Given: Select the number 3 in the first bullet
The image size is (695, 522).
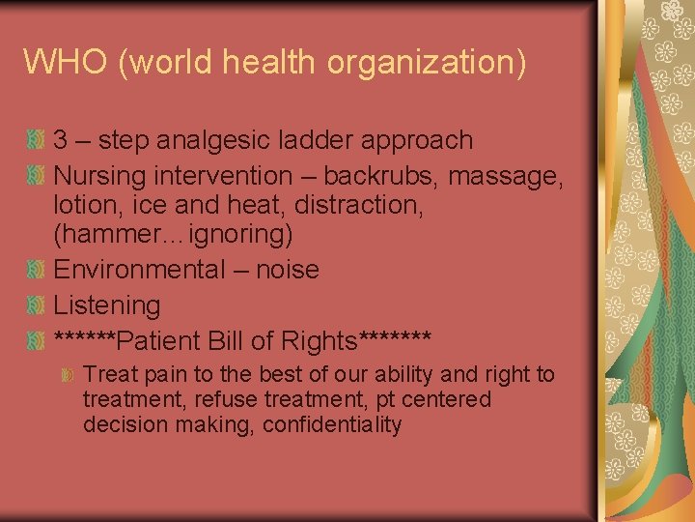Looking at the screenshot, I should click(61, 140).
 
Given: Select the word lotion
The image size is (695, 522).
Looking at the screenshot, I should click(83, 205).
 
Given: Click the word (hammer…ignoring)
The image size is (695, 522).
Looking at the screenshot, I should click(173, 234).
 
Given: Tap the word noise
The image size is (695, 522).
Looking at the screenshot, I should click(287, 269).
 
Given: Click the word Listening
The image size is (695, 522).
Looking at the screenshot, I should click(106, 305).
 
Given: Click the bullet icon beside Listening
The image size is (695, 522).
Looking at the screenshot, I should click(36, 305).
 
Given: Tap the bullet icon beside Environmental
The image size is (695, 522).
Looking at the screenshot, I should click(36, 269).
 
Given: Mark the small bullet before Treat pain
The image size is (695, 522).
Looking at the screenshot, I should click(69, 374).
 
